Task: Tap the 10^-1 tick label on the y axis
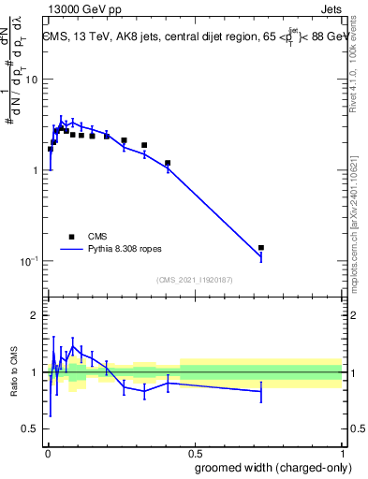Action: pos(31,261)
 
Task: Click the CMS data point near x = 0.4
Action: pos(168,163)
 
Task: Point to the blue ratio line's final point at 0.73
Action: pos(261,391)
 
